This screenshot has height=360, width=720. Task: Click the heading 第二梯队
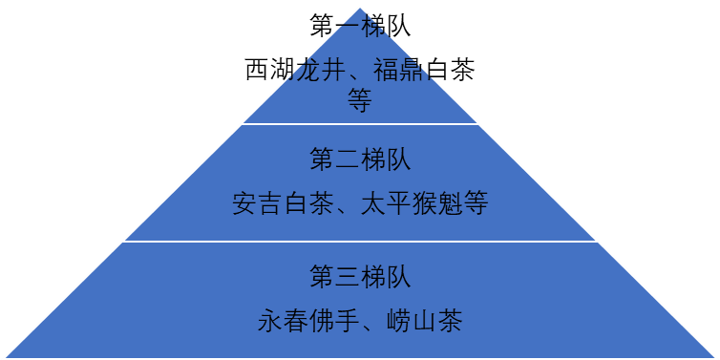coord(360,159)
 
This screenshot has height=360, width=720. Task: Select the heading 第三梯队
coord(360,277)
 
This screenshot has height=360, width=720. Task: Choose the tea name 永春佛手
coord(308,321)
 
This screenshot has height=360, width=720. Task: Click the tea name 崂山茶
coord(425,321)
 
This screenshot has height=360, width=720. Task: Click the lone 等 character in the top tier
coord(360,100)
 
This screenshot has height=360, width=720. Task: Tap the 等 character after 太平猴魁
coord(475,204)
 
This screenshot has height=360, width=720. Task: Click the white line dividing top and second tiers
coord(360,124)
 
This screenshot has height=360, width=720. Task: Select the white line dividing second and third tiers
coord(360,242)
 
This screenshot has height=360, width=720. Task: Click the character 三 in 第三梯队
coord(348,277)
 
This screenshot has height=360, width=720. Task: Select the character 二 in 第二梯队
coord(348,159)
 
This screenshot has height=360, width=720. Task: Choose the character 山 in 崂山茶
coord(425,321)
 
